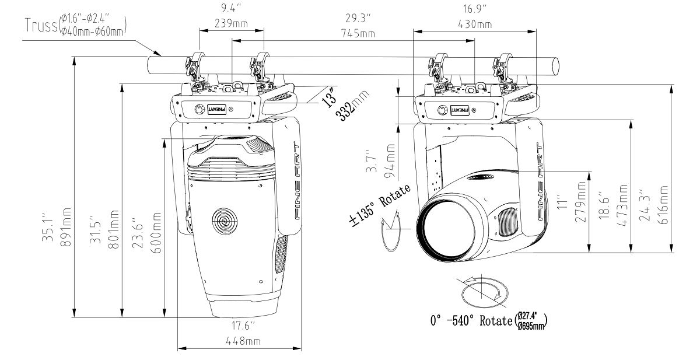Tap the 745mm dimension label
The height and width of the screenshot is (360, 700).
click(359, 34)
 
